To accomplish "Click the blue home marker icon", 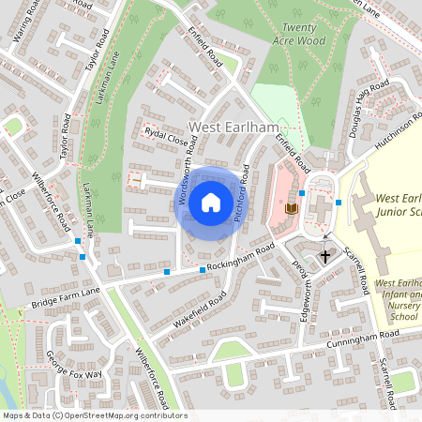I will tap(211, 202).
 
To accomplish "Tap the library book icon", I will tap(292, 207).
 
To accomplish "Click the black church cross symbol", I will tap(325, 255).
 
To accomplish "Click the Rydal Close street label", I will tap(165, 137).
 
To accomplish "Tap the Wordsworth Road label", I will tap(187, 156).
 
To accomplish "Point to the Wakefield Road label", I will tap(200, 314).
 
